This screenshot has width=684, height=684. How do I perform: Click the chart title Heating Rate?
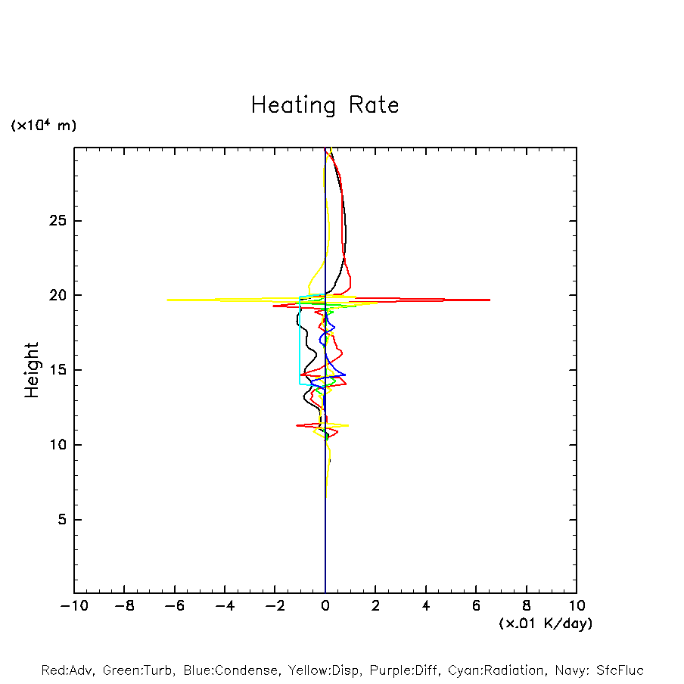(x=325, y=105)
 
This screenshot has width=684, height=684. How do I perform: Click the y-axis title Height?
(x=32, y=370)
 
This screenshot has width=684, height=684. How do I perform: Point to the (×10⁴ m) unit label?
(x=44, y=126)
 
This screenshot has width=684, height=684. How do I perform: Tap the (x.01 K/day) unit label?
(x=546, y=623)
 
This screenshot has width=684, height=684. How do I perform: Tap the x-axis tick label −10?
(x=74, y=605)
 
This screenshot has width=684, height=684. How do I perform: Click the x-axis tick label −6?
(x=174, y=605)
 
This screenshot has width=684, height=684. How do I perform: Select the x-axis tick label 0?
(x=325, y=605)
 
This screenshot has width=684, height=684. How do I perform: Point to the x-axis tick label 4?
(x=426, y=605)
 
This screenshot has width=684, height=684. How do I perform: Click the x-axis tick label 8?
(x=527, y=605)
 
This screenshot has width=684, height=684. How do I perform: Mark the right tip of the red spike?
(x=490, y=300)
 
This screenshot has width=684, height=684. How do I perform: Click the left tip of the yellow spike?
(x=167, y=300)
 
